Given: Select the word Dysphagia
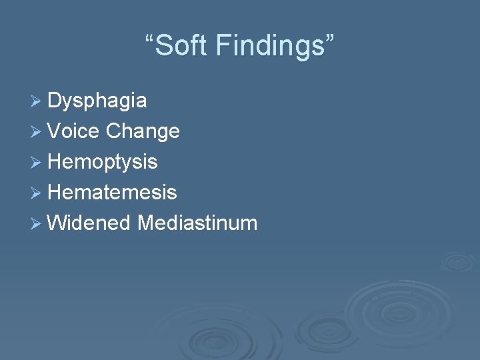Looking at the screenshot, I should coord(97,101).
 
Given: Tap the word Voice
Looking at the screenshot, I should coord(74,131).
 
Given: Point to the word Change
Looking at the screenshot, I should coord(143,131).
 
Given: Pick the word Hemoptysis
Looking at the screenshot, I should coord(103,162).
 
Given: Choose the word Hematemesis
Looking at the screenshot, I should coord(112,192).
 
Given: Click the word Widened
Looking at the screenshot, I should coord(89,223).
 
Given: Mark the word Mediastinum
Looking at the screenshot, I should coord(197,223).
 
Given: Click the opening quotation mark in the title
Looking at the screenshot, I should coord(150,39).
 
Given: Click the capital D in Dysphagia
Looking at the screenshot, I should coord(55,101).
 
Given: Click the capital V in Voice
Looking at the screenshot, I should coord(55,131).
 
